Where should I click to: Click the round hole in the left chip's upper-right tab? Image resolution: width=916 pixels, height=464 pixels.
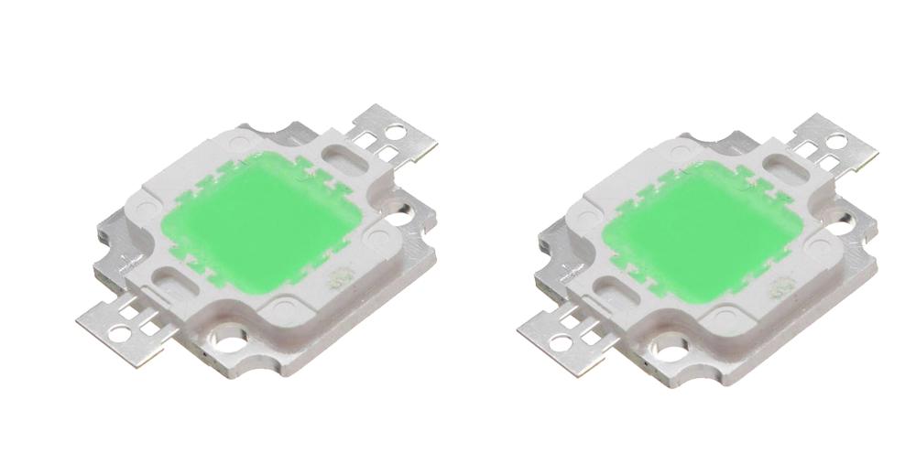coord(391,130)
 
